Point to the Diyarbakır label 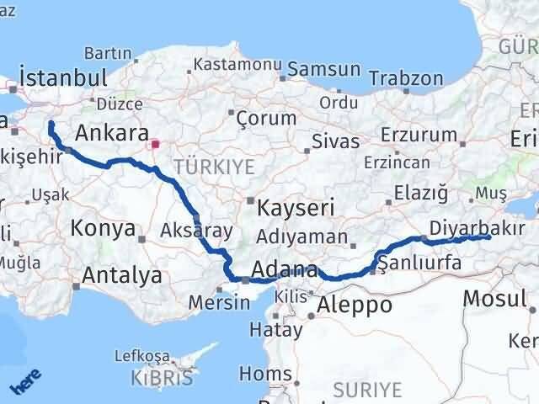tap(477, 227)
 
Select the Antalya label tap(123, 274)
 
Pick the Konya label tap(103, 227)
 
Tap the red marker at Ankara tap(154, 144)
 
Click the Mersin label tap(219, 302)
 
